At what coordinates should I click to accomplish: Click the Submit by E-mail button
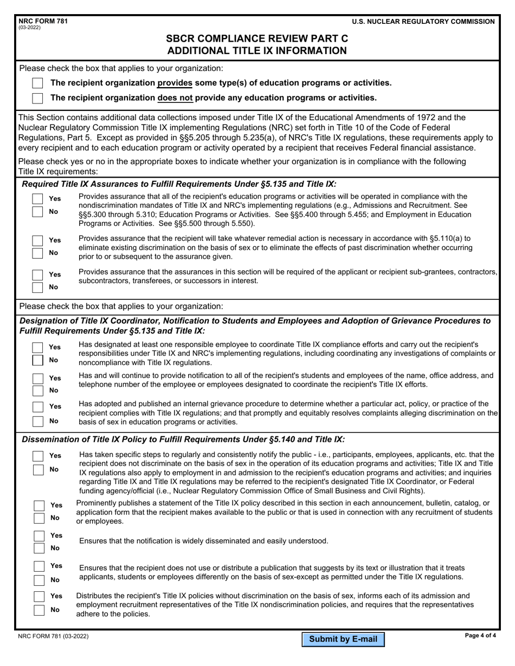pos(343,639)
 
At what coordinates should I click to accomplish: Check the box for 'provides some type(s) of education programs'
pos(37,83)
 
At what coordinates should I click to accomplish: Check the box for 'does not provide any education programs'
pos(37,98)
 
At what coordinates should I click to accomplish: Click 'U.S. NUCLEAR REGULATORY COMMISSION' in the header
pos(423,22)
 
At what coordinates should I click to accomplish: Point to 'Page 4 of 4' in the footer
pos(480,636)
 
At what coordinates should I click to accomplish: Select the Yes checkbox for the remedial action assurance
pos(37,240)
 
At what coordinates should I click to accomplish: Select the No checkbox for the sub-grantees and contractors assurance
pos(37,287)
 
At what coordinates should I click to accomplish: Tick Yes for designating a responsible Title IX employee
pos(37,347)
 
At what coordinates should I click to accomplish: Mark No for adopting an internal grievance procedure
pos(37,421)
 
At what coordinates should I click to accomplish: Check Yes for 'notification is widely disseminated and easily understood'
pos(40,536)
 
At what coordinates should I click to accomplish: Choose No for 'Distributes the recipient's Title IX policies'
pos(40,610)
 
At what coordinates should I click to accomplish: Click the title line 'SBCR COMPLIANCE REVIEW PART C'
pos(257,38)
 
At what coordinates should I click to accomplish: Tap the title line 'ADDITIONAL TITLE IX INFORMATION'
pos(257,51)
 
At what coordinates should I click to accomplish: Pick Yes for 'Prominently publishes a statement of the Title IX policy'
pos(40,505)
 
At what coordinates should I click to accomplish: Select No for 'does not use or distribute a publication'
pos(40,580)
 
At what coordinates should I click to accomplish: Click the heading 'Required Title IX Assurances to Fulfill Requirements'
pos(179,184)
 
